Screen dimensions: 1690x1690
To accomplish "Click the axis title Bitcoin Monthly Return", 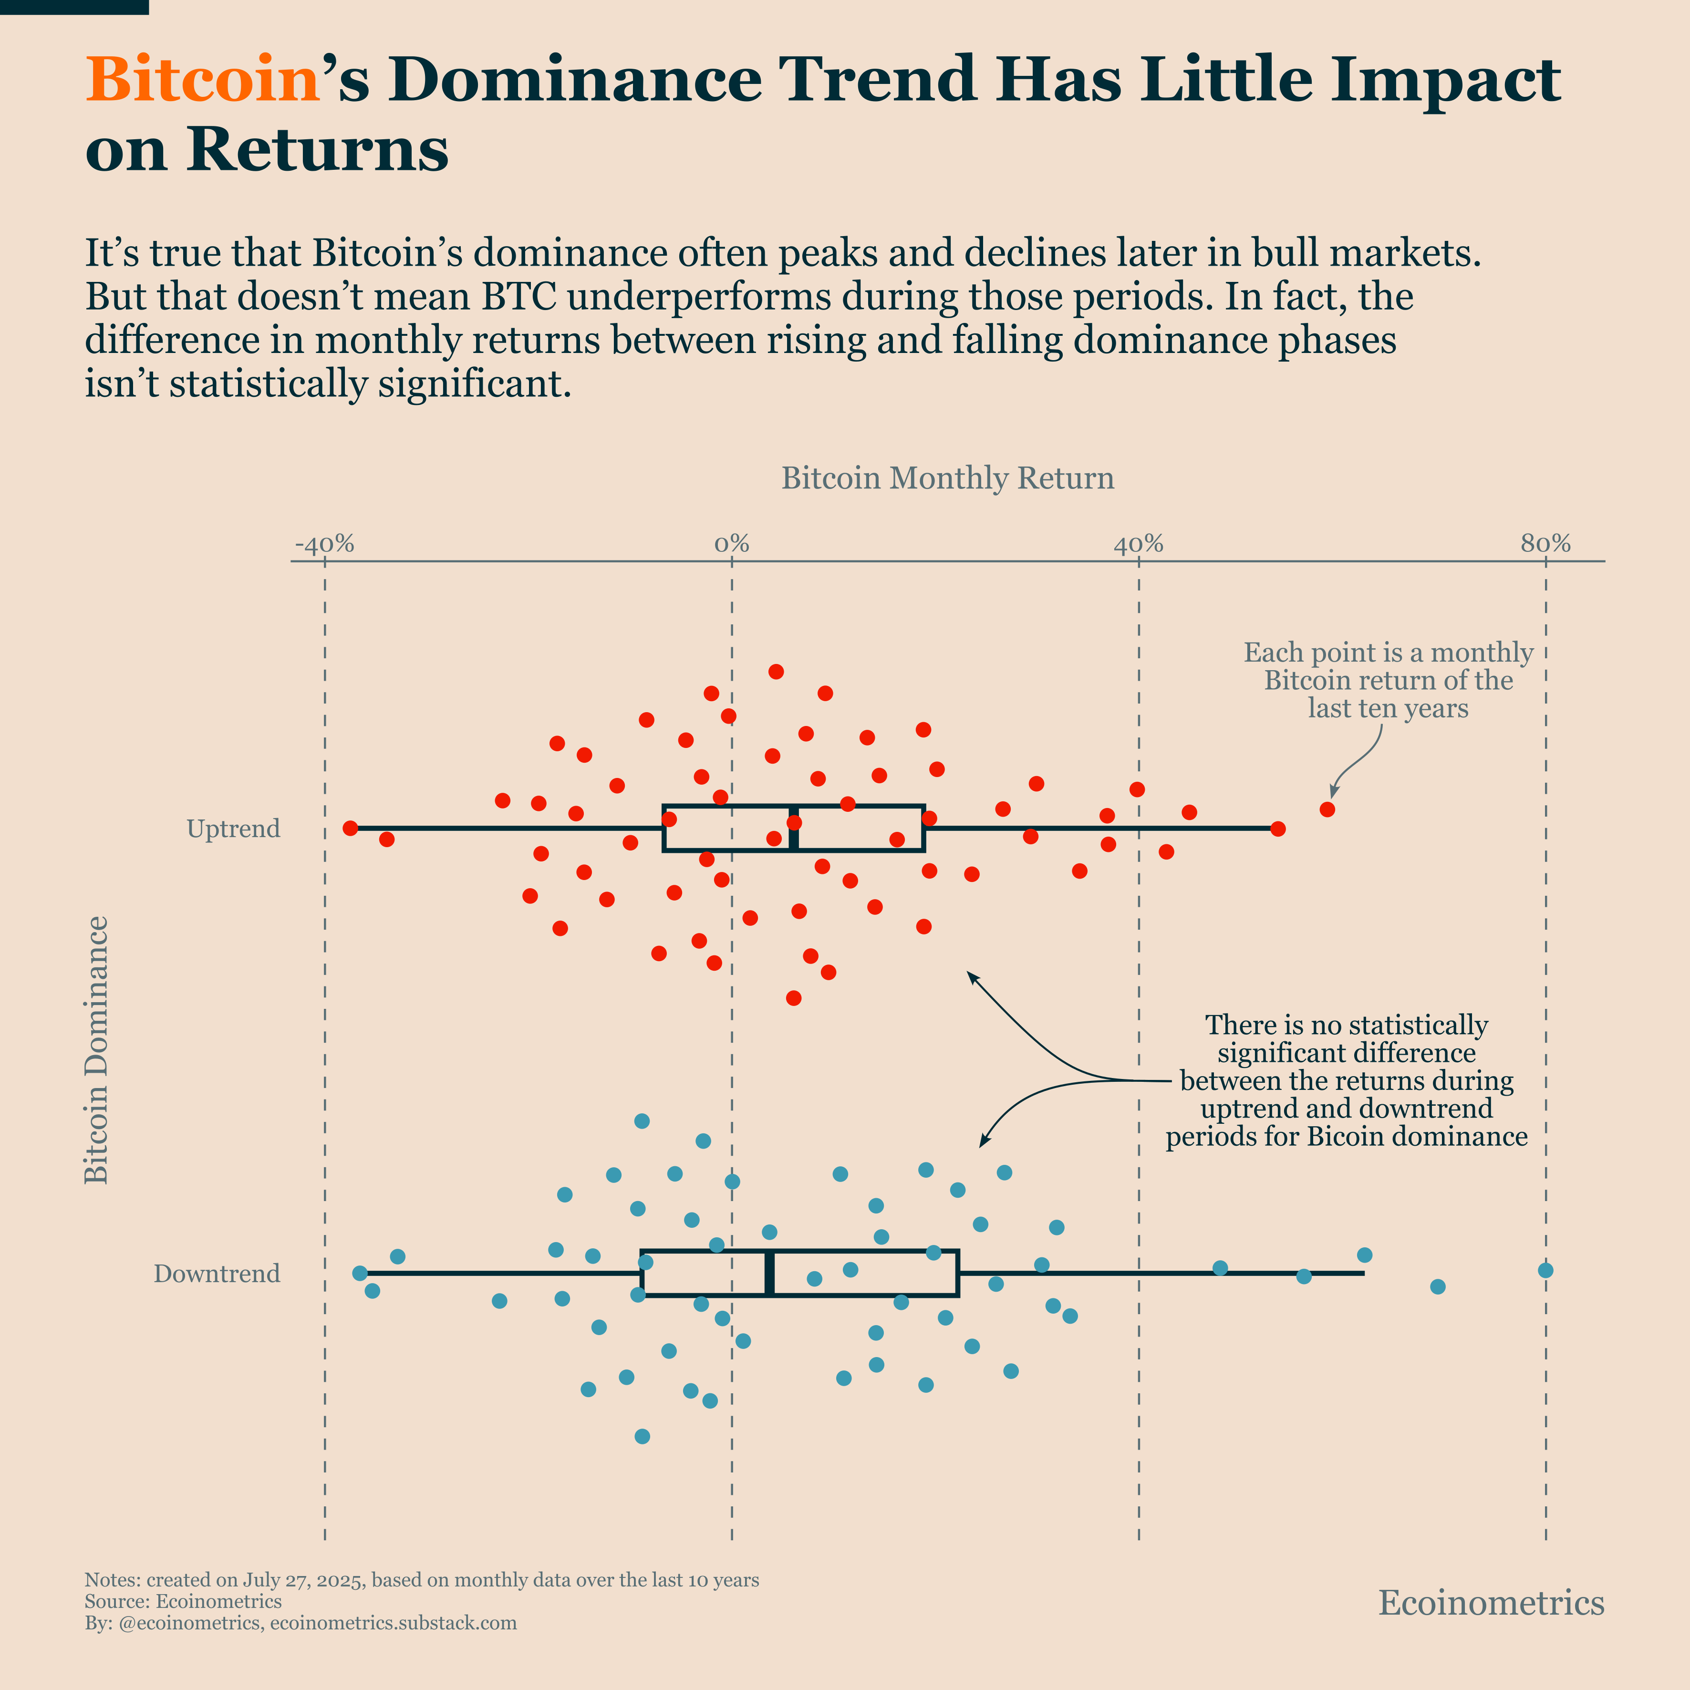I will (947, 478).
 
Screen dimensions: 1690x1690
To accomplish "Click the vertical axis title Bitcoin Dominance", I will (96, 1050).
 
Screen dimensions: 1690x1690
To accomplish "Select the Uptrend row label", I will (234, 829).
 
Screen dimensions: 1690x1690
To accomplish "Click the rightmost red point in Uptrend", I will (1327, 809).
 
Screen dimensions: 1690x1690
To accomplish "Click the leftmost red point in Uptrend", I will (351, 828).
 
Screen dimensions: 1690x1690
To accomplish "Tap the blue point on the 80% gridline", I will (1545, 1270).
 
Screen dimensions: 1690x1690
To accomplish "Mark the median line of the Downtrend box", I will (769, 1273).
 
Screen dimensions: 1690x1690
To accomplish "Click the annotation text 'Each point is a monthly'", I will (1388, 653).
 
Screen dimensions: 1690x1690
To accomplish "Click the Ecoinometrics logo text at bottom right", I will (1492, 1603).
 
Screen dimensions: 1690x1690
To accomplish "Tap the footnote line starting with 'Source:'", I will (183, 1602).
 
